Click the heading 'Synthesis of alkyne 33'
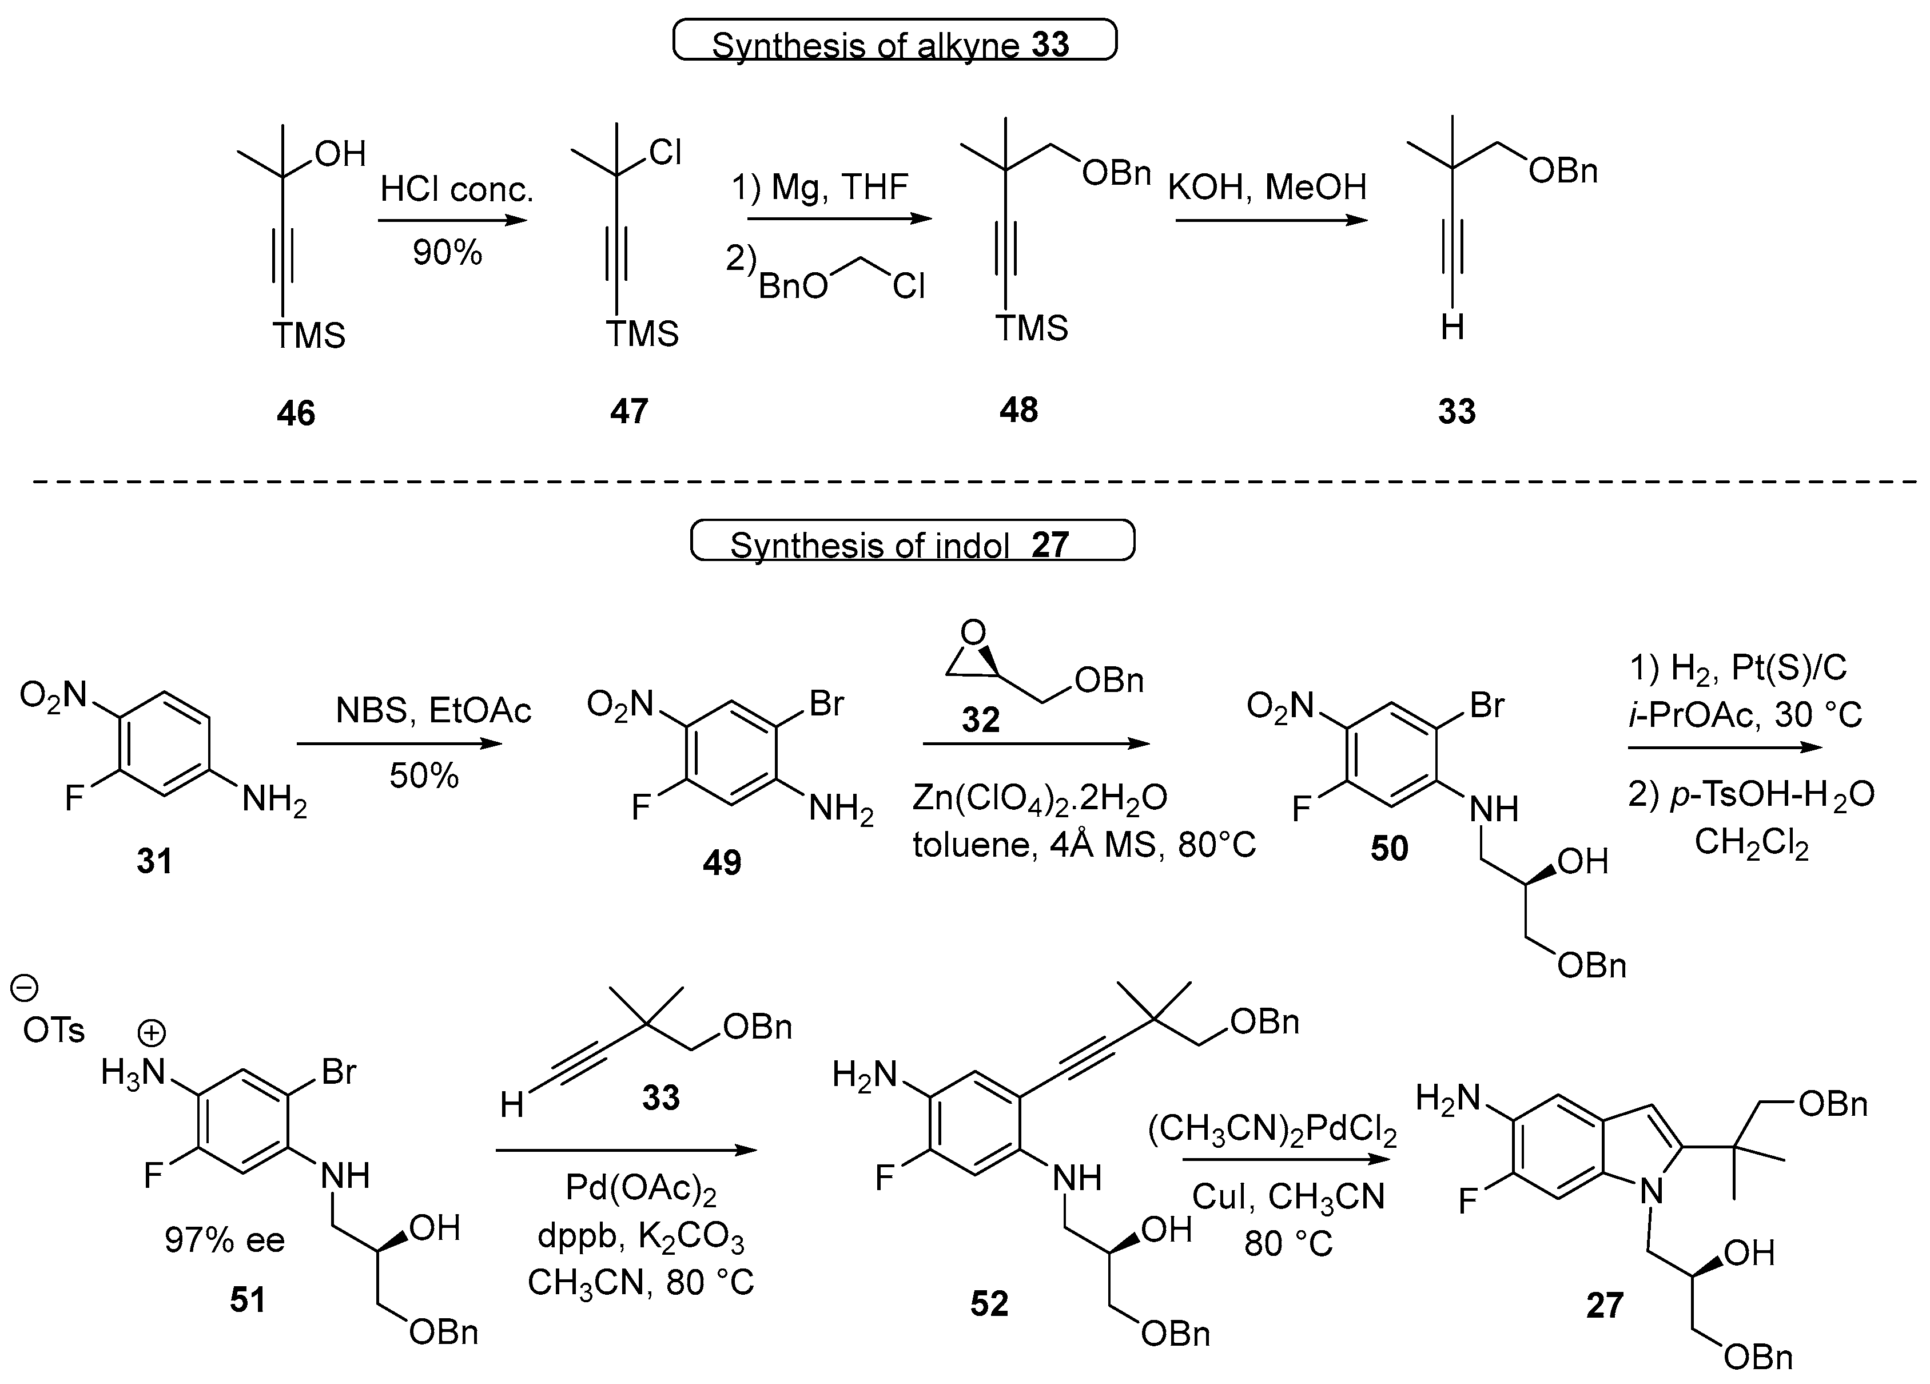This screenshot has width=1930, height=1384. click(x=893, y=42)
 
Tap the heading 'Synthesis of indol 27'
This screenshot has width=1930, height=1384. click(x=910, y=543)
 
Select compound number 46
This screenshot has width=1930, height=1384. click(x=295, y=413)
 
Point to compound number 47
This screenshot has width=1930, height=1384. click(x=629, y=412)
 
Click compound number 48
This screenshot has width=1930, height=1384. click(x=1018, y=410)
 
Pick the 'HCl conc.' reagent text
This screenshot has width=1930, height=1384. click(x=456, y=189)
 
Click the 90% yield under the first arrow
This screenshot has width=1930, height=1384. click(x=447, y=253)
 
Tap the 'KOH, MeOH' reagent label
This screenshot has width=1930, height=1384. click(x=1267, y=187)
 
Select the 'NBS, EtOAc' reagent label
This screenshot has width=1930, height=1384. click(x=433, y=711)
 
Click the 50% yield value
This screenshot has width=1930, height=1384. click(x=424, y=775)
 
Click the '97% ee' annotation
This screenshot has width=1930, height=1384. click(x=225, y=1240)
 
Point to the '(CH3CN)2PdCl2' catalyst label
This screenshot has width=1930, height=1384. click(x=1272, y=1131)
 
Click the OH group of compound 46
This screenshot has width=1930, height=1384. click(x=340, y=154)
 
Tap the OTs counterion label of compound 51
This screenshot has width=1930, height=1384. click(x=54, y=1031)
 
